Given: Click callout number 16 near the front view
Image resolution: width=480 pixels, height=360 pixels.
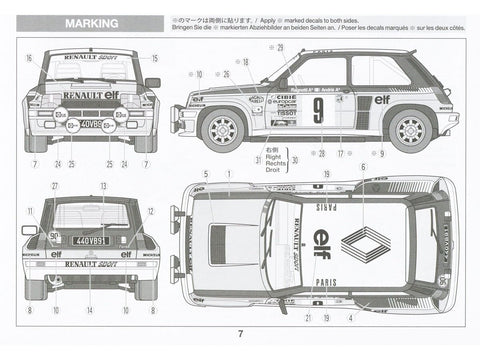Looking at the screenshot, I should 29,59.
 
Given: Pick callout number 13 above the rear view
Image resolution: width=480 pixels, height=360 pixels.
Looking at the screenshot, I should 103,186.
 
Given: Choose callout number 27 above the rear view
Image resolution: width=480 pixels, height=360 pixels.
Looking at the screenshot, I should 55,186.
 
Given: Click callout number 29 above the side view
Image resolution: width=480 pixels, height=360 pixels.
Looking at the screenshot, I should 280,47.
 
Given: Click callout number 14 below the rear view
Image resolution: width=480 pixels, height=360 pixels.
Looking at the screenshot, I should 90,310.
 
